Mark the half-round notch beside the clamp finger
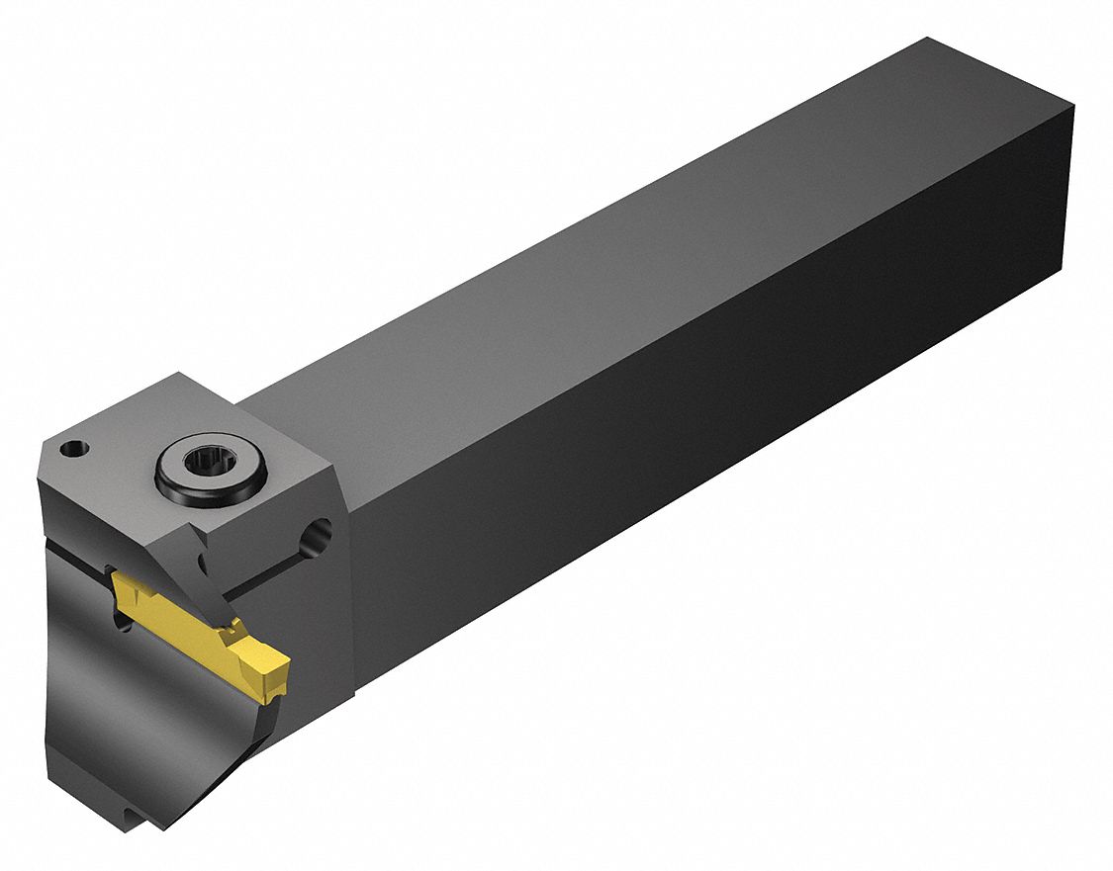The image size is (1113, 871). [x=203, y=563]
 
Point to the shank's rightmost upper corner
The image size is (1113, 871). [x=1073, y=102]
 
